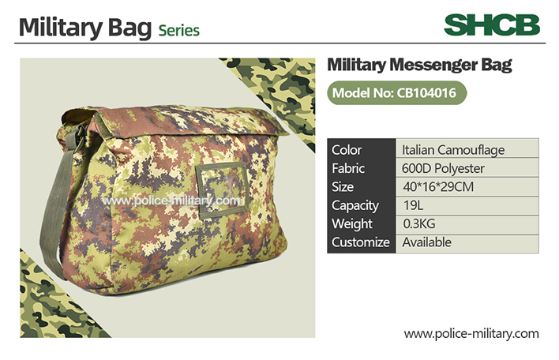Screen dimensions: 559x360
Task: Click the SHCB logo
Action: [x=492, y=25]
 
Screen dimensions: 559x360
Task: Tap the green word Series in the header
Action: [x=179, y=31]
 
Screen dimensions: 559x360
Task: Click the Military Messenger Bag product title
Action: [x=419, y=66]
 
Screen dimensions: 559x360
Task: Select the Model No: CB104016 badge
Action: [x=397, y=93]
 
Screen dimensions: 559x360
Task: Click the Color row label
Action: [x=347, y=150]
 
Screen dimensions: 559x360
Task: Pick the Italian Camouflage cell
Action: [x=453, y=150]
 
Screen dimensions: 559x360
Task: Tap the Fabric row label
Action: [x=348, y=169]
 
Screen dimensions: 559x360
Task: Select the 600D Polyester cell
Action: [x=443, y=169]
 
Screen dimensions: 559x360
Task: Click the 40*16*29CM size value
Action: [x=438, y=187]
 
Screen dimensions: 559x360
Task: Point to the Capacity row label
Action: [x=355, y=206]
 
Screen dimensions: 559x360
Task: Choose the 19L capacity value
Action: [x=413, y=206]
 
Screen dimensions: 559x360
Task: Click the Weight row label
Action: [x=352, y=224]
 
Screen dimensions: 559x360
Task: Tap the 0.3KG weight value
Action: [x=419, y=224]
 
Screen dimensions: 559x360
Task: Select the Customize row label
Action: [x=360, y=242]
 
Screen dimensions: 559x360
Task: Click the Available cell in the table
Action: [x=426, y=242]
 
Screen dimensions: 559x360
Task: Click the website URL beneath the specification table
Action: [x=471, y=334]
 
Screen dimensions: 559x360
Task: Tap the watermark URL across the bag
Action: [x=171, y=201]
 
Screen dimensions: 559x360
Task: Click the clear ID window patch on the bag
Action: [x=222, y=189]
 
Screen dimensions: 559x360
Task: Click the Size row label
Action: [x=343, y=187]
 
